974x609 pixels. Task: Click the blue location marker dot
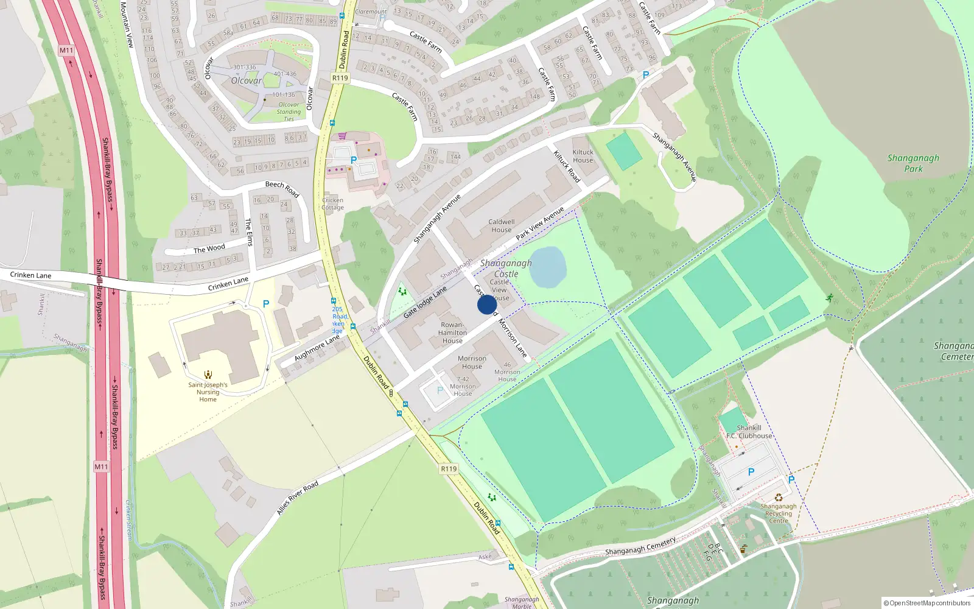486,304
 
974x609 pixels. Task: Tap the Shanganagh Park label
913,163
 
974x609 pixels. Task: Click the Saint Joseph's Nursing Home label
208,392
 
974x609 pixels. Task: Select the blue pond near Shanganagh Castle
548,267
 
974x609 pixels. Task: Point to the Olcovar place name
246,80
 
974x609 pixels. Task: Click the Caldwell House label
501,226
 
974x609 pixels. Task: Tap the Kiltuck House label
583,157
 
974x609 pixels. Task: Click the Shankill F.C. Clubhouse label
749,432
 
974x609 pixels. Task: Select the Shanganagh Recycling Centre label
778,513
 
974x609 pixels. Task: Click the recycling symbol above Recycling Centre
778,497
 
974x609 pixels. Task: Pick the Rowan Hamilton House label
452,333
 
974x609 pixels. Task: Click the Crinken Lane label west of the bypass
30,275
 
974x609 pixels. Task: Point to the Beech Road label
282,188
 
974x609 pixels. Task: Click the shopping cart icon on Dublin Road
343,136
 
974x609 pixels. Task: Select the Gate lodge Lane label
424,303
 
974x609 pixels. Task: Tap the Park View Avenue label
539,224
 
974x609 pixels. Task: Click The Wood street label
209,248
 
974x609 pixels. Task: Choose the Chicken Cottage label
332,203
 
